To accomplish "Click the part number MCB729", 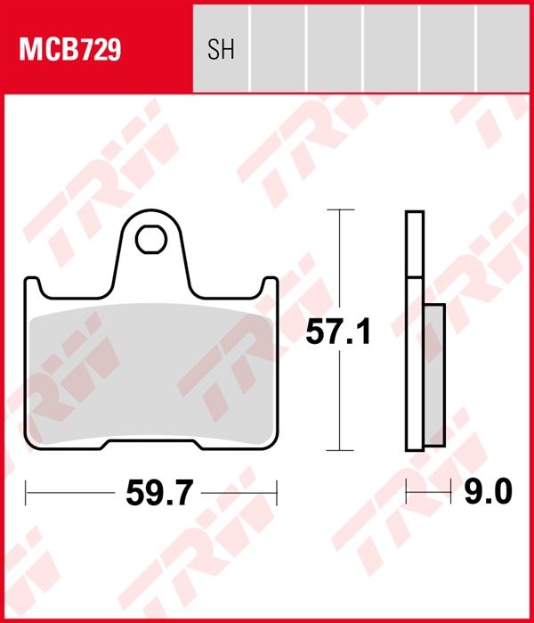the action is click(x=69, y=49).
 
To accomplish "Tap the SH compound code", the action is click(x=221, y=49).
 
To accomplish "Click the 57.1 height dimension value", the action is click(x=338, y=332).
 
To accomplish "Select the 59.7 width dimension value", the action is click(x=159, y=493).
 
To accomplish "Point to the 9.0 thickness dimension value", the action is click(x=488, y=491).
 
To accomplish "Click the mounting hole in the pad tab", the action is click(x=150, y=239).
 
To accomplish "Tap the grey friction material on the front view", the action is click(x=151, y=373).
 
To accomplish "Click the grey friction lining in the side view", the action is click(x=434, y=375).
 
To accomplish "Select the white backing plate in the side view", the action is click(x=415, y=331).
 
